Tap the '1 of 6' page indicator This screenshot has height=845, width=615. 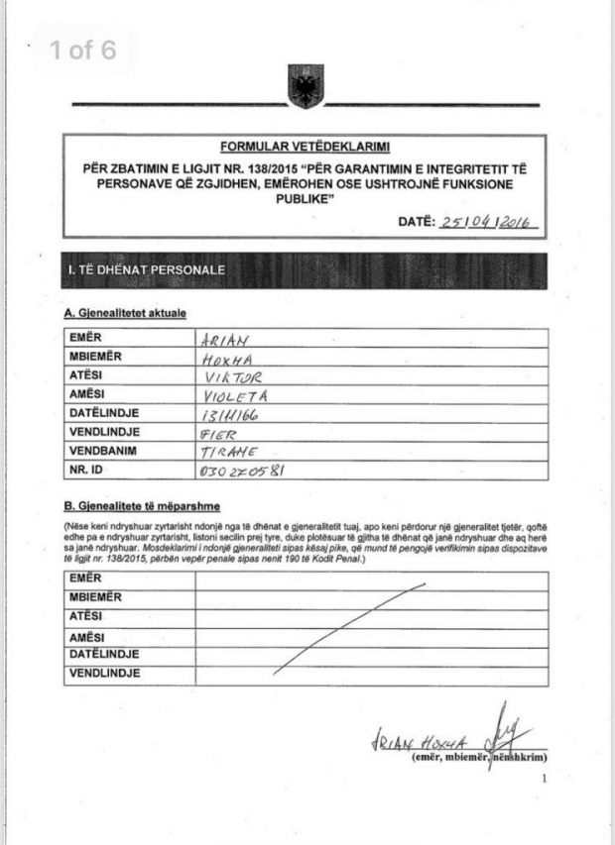[x=83, y=51]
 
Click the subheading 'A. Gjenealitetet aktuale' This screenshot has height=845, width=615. [x=125, y=314]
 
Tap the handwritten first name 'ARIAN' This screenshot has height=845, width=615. [x=221, y=338]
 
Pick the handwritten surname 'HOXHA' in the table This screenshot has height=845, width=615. [x=222, y=358]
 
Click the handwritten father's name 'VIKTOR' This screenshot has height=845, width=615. [x=229, y=376]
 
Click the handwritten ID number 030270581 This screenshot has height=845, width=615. [x=242, y=472]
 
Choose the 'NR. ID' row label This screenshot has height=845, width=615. [x=87, y=472]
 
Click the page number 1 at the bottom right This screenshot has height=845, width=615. [x=544, y=779]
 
